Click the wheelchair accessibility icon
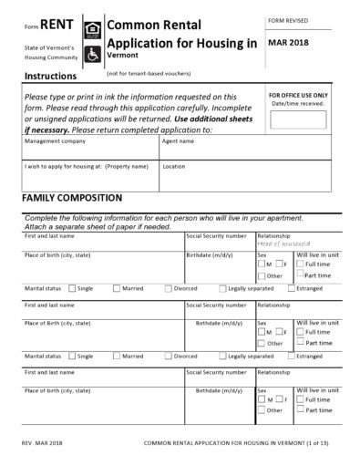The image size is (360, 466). pyautogui.click(x=93, y=54)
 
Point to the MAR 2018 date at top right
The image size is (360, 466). pyautogui.click(x=290, y=42)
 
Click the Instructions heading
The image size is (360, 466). pyautogui.click(x=50, y=76)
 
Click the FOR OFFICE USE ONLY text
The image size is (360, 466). pyautogui.click(x=298, y=95)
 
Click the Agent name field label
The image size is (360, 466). pyautogui.click(x=178, y=142)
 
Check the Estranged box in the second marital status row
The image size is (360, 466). pyautogui.click(x=289, y=357)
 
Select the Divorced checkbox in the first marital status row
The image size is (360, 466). pyautogui.click(x=169, y=287)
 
